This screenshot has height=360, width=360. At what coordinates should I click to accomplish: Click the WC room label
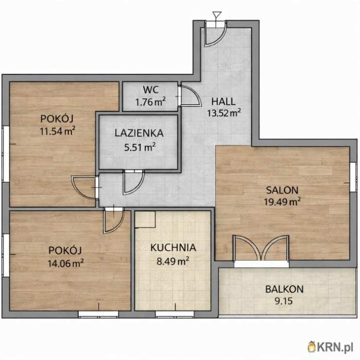click(x=151, y=90)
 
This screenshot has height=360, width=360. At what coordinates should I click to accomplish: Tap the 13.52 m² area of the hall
click(x=224, y=113)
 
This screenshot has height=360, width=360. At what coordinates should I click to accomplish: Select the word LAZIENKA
click(x=139, y=133)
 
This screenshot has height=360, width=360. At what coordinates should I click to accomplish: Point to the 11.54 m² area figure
click(x=57, y=131)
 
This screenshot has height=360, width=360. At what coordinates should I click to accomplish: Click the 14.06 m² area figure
click(x=66, y=263)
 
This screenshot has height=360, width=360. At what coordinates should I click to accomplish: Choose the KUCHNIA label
click(x=173, y=248)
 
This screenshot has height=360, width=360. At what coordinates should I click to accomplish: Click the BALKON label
click(x=284, y=289)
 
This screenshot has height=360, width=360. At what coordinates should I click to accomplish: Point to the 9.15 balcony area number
click(x=284, y=301)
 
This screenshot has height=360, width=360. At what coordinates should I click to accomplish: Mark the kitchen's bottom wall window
click(x=175, y=314)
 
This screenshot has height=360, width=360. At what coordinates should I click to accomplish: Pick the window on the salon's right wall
click(x=353, y=177)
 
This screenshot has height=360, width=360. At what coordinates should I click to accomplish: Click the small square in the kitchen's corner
click(x=145, y=219)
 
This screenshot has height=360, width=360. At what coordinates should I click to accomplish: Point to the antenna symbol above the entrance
click(x=217, y=17)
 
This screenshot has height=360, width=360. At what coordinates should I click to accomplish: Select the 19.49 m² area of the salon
click(x=282, y=201)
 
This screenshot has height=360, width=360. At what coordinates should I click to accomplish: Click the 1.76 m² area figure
click(x=150, y=102)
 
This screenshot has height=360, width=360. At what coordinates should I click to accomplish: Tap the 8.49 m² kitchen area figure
click(x=173, y=261)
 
